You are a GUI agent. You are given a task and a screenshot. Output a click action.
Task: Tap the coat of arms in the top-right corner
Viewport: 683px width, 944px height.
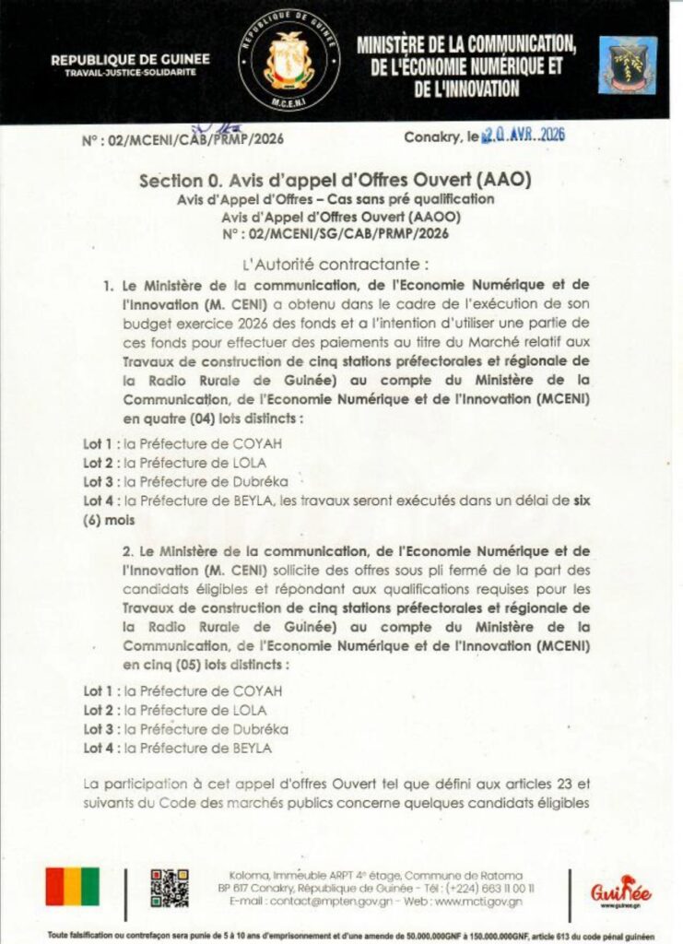(628, 65)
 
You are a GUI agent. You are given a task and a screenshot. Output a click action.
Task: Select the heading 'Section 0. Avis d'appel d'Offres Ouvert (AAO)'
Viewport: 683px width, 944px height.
(335, 180)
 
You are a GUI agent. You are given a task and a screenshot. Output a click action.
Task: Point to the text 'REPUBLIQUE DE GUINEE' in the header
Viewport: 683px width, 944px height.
(130, 60)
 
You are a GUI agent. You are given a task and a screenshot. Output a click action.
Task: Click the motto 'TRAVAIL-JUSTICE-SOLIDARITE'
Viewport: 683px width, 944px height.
(130, 73)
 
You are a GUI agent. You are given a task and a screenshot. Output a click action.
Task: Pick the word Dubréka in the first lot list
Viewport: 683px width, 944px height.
(260, 480)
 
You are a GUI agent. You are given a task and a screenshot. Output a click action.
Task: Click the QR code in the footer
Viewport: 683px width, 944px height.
(170, 887)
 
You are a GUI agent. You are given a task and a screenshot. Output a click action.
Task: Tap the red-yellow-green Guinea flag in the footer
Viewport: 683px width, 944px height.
(73, 887)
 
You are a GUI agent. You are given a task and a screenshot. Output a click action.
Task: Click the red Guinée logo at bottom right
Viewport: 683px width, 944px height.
(620, 890)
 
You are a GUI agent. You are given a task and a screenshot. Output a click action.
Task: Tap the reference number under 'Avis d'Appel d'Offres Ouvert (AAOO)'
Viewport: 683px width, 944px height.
(335, 234)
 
